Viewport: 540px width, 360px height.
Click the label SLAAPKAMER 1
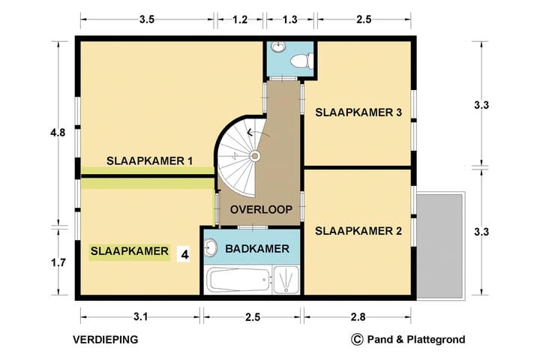click(x=150, y=160)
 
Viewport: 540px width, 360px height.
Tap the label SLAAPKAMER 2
click(x=358, y=231)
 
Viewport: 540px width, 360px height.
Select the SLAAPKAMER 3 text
click(x=358, y=113)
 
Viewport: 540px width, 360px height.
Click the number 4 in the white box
click(x=183, y=254)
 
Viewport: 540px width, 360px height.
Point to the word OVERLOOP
click(x=260, y=208)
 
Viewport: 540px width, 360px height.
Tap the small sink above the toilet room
click(x=279, y=47)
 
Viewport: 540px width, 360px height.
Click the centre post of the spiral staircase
click(x=254, y=156)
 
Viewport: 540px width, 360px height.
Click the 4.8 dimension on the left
click(x=58, y=133)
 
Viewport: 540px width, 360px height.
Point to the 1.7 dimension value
click(x=58, y=262)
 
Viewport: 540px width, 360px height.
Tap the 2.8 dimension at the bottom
click(x=357, y=317)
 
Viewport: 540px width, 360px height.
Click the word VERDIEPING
click(x=106, y=340)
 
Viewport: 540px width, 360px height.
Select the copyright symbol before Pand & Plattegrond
click(x=357, y=340)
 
